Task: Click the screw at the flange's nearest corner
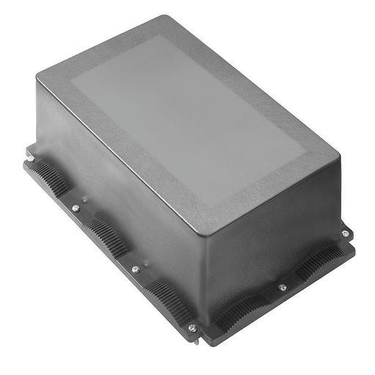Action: point(192,327)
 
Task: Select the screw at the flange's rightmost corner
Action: point(345,234)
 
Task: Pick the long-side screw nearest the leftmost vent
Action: point(75,208)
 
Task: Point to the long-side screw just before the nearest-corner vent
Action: point(135,269)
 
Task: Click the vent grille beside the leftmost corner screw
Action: point(49,177)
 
